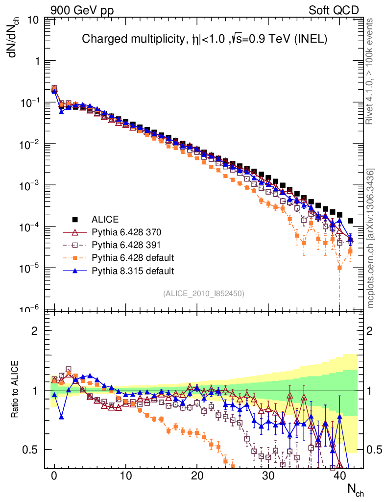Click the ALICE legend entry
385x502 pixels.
coord(105,219)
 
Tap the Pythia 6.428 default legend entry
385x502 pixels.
coord(133,257)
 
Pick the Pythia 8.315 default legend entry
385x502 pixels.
coord(133,270)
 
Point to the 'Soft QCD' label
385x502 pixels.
coord(334,10)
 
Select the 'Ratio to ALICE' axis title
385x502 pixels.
coord(14,390)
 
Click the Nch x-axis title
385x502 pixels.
coord(356,489)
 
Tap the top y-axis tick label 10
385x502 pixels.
coord(33,21)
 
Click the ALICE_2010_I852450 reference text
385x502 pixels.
coord(203,293)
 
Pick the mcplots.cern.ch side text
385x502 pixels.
coord(372,238)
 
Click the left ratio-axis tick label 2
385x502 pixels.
coord(35,330)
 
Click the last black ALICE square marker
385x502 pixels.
coord(350,221)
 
